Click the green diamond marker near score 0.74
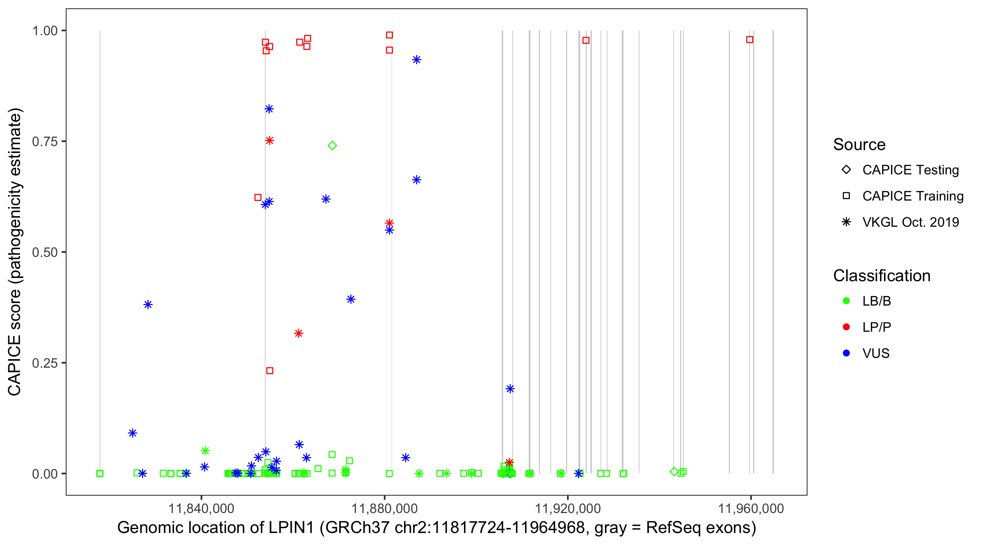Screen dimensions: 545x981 [x=332, y=145]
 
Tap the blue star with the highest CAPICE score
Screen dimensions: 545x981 [x=417, y=60]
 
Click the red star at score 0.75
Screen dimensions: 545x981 [x=270, y=141]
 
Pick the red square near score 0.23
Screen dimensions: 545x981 [x=270, y=371]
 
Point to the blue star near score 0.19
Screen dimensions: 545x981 [x=510, y=388]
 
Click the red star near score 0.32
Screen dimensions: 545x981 [x=299, y=333]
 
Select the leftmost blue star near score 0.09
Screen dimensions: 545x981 [x=133, y=433]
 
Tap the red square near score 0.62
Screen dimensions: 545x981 [x=258, y=197]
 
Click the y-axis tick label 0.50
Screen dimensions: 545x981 [x=45, y=252]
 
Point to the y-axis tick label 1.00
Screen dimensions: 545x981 [x=45, y=31]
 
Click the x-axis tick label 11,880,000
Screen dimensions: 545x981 [x=384, y=508]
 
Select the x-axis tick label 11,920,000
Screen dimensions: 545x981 [x=568, y=508]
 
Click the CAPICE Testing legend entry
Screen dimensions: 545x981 [x=910, y=170]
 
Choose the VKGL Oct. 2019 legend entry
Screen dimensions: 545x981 [x=910, y=222]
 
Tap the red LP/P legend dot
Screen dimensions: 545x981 [x=846, y=327]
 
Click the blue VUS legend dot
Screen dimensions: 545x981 [x=846, y=353]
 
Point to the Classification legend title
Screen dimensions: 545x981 [x=881, y=276]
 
